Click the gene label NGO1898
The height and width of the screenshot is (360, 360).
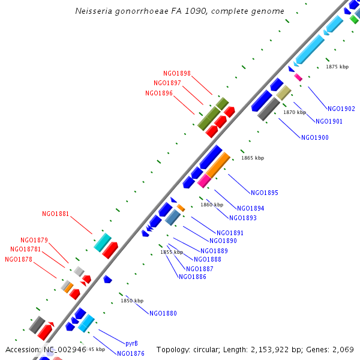pos(176,73)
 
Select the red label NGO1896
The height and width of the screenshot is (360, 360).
pos(158,93)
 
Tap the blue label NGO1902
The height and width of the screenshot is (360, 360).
pos(341,109)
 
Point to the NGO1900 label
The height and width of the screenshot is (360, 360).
pos(314,137)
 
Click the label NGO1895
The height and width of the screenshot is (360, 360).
pos(265,193)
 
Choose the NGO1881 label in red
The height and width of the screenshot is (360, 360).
pos(55,214)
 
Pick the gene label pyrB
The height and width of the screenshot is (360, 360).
pos(131,344)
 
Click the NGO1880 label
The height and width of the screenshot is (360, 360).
pos(163,313)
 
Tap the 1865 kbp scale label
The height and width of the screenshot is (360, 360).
pos(253,158)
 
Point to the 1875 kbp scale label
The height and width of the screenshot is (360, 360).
pos(337,67)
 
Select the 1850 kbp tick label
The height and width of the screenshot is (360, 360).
pos(132,301)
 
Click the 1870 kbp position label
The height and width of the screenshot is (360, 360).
pos(295,112)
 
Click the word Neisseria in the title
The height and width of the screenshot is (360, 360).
pos(95,11)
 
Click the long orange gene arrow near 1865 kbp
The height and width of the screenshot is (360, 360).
pos(218,165)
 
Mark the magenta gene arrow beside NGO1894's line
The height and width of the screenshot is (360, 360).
pos(204,180)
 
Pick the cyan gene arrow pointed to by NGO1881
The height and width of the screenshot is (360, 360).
pos(103,242)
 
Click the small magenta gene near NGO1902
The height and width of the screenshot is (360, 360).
pos(298,77)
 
